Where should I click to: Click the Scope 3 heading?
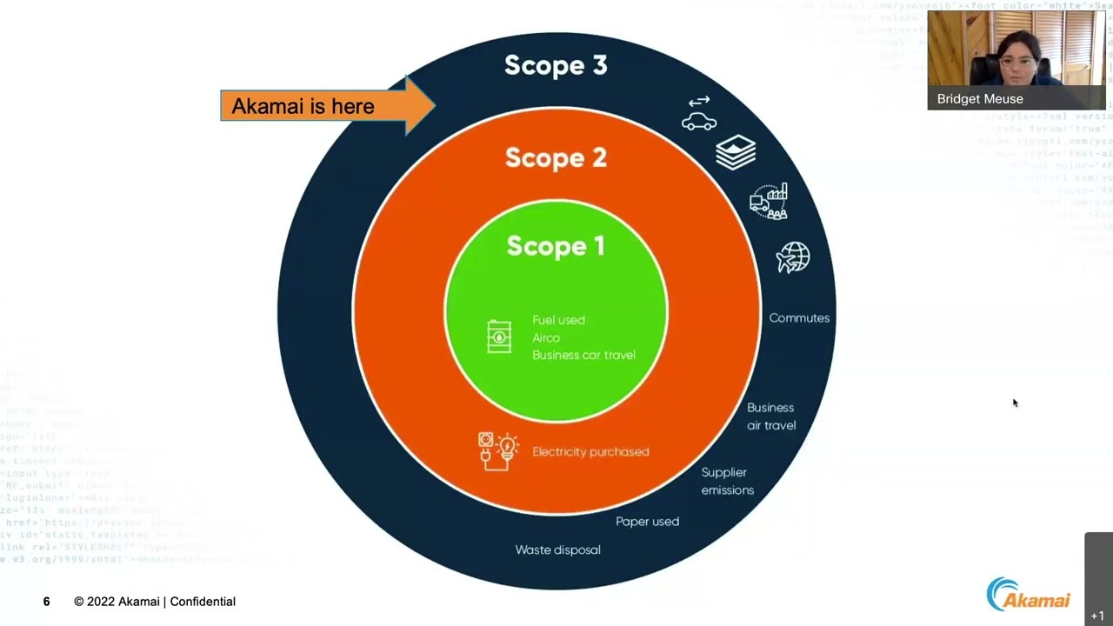[x=556, y=65]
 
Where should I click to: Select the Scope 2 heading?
[x=556, y=157]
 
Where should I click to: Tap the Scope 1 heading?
[x=556, y=246]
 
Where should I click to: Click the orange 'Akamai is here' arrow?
[x=326, y=106]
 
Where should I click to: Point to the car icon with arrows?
[x=699, y=114]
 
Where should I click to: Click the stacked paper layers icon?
[x=736, y=152]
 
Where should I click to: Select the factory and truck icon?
[x=769, y=201]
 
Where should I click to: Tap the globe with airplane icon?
[x=793, y=257]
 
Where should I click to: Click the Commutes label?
[x=799, y=318]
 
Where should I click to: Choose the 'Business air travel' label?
[x=771, y=416]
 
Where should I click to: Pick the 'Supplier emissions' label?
[x=728, y=481]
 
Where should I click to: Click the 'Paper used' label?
[x=647, y=522]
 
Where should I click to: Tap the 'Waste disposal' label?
[x=557, y=549]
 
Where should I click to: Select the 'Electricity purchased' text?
[x=590, y=452]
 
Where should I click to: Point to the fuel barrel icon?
[x=499, y=337]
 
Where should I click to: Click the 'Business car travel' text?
[x=583, y=355]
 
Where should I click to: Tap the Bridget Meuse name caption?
[x=980, y=99]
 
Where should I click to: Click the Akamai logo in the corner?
[x=1029, y=595]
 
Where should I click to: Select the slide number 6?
[x=47, y=602]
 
